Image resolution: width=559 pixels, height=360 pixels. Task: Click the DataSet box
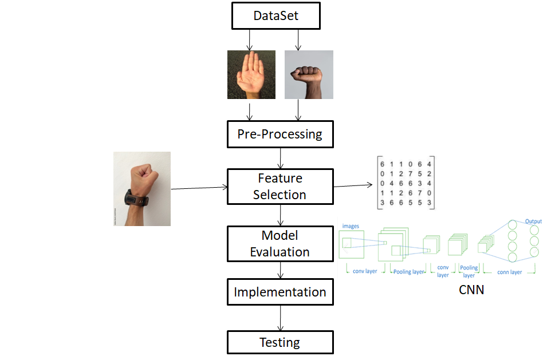tap(275, 16)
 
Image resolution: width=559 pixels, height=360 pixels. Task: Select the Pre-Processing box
tap(279, 135)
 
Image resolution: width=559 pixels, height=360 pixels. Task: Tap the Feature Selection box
tap(279, 187)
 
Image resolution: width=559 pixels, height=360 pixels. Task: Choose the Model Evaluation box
tap(279, 244)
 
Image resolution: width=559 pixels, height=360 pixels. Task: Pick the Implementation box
tap(279, 292)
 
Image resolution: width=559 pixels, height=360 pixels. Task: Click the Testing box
tap(279, 342)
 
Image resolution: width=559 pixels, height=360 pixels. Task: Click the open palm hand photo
tap(251, 74)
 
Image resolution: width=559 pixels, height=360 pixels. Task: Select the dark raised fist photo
tap(309, 74)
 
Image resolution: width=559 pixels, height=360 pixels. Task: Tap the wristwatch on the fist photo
tap(137, 199)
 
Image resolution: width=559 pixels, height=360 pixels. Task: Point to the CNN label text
tap(471, 290)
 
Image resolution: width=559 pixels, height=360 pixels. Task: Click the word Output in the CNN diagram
tap(533, 221)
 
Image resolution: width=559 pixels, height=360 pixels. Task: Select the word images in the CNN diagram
tap(351, 226)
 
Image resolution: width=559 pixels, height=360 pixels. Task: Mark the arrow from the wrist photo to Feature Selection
tap(199, 187)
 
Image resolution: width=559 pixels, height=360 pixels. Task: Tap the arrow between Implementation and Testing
tap(280, 318)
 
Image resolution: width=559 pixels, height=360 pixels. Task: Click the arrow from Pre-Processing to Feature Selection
tap(280, 157)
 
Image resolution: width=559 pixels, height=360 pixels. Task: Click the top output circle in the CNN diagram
tap(534, 230)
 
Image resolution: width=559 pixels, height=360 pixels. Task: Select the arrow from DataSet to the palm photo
tap(250, 39)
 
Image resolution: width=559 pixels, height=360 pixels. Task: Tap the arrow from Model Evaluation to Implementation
tap(280, 270)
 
